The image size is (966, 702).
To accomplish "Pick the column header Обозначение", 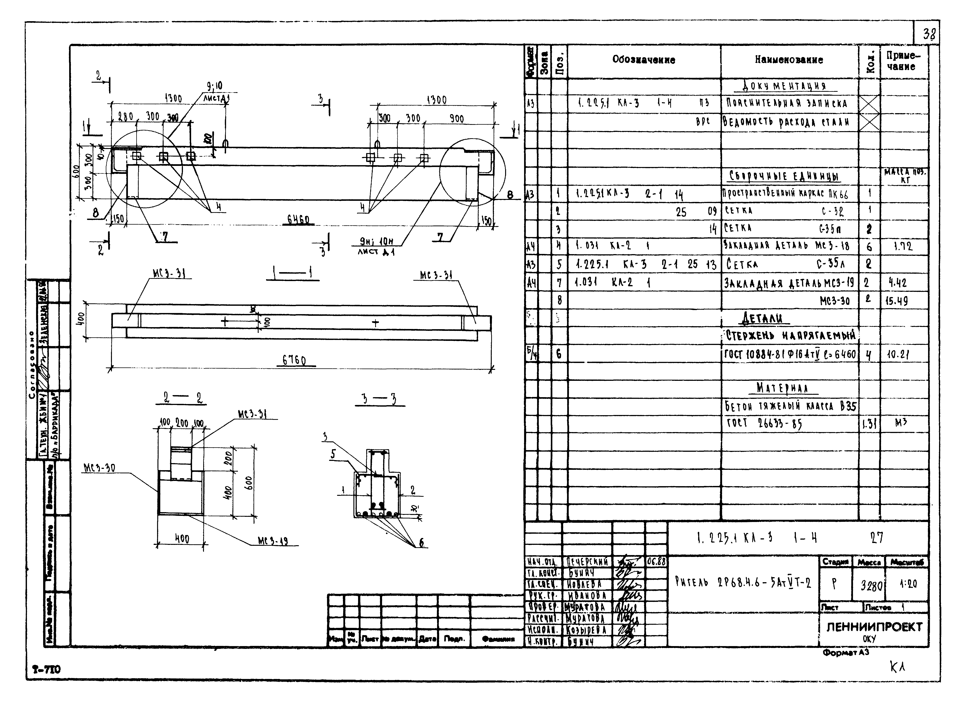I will tap(644, 60).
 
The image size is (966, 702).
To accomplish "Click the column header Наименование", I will tap(789, 60).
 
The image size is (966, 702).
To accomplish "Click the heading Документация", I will tap(785, 86).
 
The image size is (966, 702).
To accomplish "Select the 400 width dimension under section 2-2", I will tap(182, 539).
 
